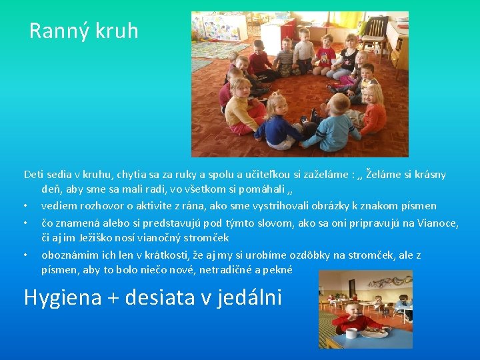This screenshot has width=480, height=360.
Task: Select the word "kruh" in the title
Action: (117, 31)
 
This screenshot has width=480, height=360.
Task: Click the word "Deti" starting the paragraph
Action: (33, 175)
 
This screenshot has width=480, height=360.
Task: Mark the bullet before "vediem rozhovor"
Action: (25, 206)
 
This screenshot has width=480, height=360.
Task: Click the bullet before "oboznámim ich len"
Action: (25, 255)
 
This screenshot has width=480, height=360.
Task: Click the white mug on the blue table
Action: (351, 331)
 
